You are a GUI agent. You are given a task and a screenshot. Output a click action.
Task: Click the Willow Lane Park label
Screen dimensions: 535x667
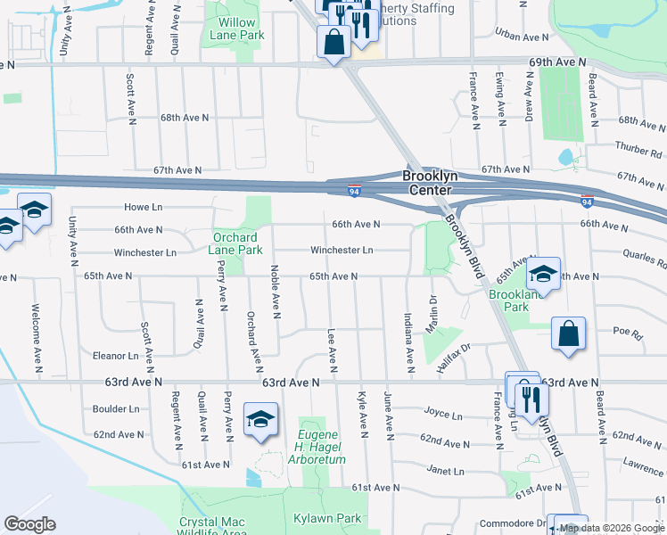tap(237, 29)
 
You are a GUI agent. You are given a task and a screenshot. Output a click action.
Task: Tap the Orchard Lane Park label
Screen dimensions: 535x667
tap(236, 243)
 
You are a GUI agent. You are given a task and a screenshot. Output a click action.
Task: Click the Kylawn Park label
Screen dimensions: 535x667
tap(327, 518)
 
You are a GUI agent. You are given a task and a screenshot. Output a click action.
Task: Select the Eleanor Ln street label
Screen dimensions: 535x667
tap(115, 355)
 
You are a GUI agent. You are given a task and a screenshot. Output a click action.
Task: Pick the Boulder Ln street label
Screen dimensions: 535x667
tap(116, 409)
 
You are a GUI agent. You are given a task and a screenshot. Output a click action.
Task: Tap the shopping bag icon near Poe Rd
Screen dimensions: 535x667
tap(568, 333)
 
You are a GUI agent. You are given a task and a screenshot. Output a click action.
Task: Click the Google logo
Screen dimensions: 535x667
tap(30, 524)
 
